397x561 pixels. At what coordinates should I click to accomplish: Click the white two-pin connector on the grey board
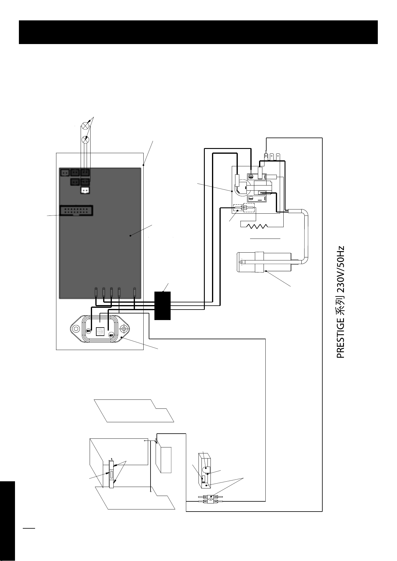[85, 190]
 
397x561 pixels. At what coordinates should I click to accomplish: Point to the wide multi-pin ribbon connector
[76, 210]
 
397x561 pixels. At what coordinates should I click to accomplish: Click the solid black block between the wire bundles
[163, 305]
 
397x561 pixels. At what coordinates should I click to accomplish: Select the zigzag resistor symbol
[257, 226]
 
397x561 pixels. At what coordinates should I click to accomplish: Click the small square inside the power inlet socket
[100, 331]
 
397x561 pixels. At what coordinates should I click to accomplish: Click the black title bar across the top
[198, 32]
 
